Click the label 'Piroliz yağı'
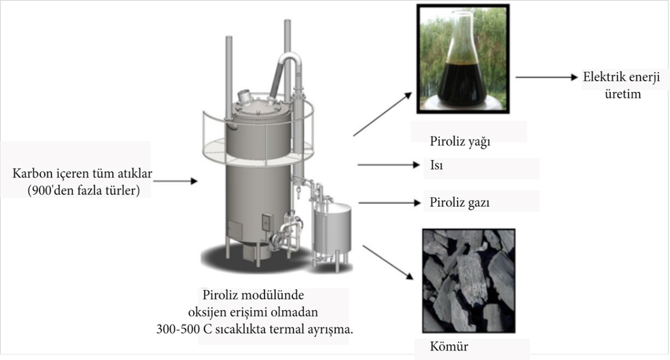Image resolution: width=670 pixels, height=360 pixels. (460, 141)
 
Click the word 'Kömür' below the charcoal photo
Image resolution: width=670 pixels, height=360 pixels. (449, 347)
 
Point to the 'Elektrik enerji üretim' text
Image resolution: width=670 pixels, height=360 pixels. (622, 86)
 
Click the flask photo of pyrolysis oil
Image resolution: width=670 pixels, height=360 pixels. (463, 58)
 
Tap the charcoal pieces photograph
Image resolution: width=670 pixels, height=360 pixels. (469, 280)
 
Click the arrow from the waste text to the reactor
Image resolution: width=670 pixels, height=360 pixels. (175, 181)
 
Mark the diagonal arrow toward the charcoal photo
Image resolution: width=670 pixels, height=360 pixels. (388, 262)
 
